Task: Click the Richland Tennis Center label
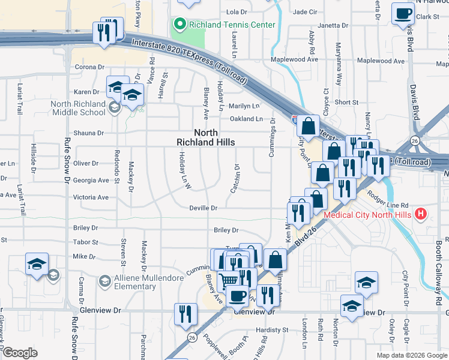point(232,25)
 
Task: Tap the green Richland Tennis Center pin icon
point(179,25)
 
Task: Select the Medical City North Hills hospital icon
point(421,213)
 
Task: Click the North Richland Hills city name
point(205,137)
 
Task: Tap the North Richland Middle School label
point(78,108)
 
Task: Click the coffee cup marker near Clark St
point(403,13)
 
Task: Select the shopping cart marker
point(228,280)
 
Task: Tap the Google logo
point(20,353)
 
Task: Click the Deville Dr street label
point(203,208)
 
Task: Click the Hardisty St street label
point(272,330)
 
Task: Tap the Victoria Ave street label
point(91,197)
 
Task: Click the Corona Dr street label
point(89,67)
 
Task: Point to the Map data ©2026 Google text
point(411,355)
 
